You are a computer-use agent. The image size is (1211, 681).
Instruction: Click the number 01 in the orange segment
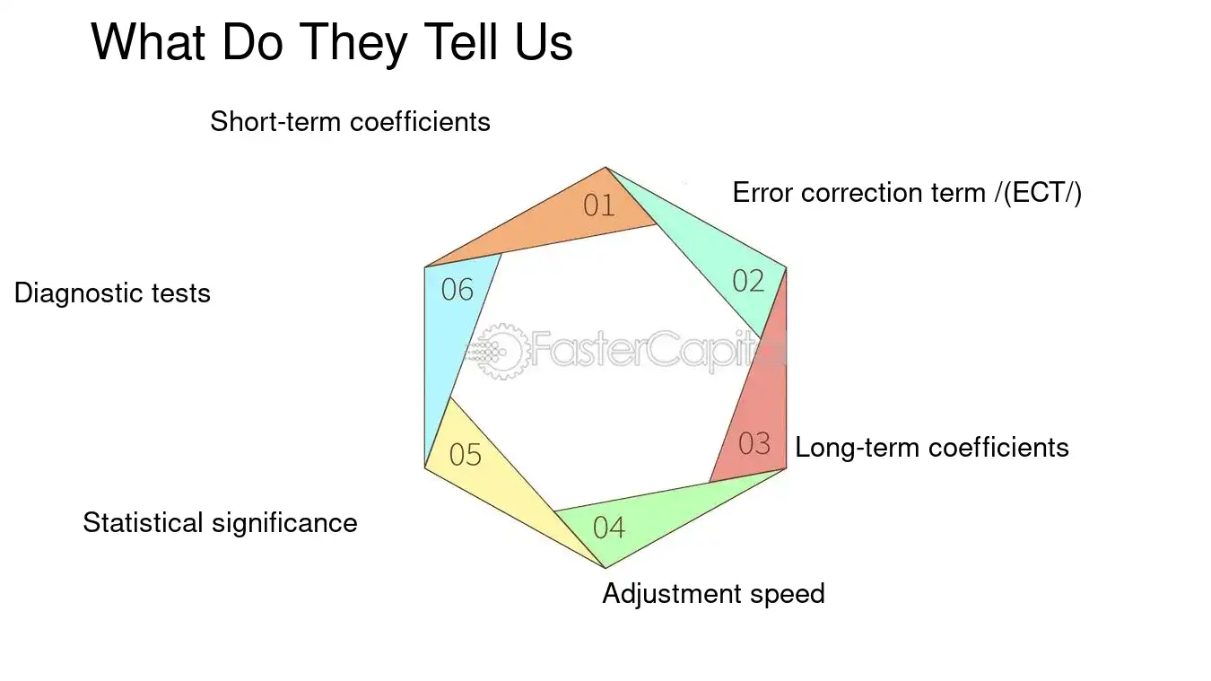tap(599, 205)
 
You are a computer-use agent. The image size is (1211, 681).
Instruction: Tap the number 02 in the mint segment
tap(748, 281)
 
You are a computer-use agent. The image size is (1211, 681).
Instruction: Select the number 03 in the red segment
tap(754, 443)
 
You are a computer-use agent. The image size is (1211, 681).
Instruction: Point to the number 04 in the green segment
tap(609, 528)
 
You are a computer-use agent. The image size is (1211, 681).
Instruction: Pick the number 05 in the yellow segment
tap(465, 454)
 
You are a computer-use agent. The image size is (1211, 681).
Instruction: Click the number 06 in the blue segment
tap(457, 290)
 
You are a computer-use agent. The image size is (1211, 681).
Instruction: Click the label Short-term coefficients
tap(351, 122)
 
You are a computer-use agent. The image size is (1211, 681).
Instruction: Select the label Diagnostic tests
tap(112, 293)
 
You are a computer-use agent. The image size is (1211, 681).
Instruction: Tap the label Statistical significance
tap(220, 523)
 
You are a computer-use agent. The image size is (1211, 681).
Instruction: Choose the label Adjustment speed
tap(714, 594)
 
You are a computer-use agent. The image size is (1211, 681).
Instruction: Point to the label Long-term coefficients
tap(932, 448)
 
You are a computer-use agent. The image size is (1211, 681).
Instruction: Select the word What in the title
tap(148, 42)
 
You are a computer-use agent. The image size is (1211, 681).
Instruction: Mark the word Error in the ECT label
tap(762, 193)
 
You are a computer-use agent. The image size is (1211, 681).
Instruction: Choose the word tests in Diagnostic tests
tap(180, 293)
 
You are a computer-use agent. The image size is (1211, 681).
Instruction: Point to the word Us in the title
tap(544, 42)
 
